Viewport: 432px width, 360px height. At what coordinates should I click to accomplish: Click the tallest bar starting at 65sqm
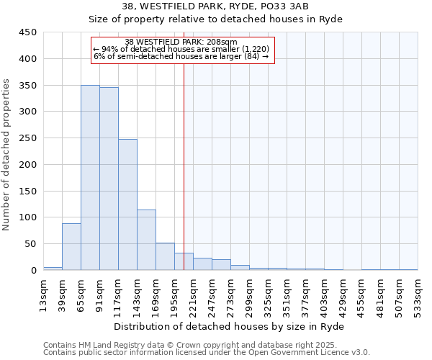(90, 178)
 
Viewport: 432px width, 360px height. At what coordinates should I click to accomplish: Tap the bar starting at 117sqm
(127, 204)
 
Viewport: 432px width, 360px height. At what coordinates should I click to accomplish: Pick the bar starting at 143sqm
(146, 240)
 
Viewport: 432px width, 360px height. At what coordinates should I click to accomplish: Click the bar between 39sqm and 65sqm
(71, 247)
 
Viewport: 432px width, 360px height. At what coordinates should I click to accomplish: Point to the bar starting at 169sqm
(165, 257)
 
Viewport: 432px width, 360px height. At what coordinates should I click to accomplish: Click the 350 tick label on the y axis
(27, 86)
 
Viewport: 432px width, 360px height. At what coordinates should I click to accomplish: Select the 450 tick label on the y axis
(27, 32)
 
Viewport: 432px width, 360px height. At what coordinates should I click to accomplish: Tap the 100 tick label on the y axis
(27, 217)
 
